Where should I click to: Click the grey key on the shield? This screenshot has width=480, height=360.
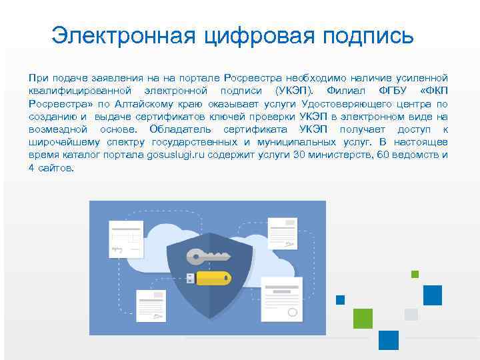coord(207,256)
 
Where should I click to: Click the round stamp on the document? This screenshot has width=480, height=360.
coord(292,311)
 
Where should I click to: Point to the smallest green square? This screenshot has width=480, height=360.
coord(415,274)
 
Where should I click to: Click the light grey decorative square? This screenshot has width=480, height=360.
coord(411,314)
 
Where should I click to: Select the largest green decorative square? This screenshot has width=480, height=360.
coord(363,319)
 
